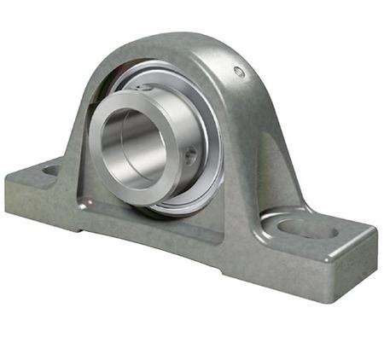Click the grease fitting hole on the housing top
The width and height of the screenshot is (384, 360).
(x=240, y=73)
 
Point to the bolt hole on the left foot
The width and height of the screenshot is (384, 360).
(x=50, y=171)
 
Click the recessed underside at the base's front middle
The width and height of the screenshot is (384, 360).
(x=171, y=256)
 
